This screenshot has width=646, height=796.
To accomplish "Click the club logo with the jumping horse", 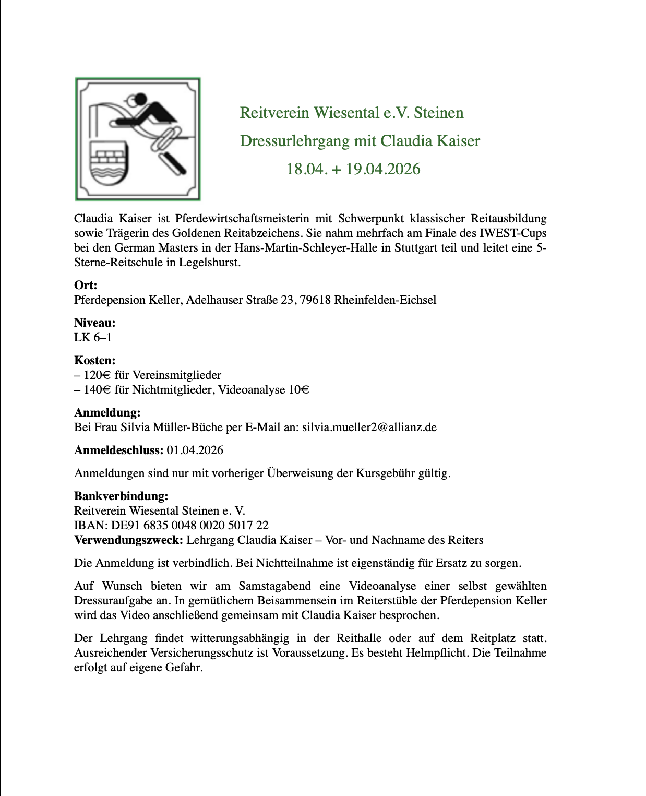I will click(138, 139).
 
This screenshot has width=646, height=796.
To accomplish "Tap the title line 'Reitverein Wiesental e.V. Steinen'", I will click(351, 113).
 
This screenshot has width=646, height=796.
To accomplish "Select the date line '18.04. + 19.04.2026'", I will click(353, 169).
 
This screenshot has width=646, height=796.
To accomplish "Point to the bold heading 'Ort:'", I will click(86, 285).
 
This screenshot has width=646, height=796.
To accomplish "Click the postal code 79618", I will click(315, 300).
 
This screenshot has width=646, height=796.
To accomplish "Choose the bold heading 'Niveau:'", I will click(94, 323).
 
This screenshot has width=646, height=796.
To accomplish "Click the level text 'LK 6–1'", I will click(93, 337).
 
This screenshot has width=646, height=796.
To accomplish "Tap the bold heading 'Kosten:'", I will click(94, 360).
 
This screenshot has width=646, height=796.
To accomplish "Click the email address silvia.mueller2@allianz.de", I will click(369, 427).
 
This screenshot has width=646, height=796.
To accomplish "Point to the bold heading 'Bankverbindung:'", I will click(121, 496).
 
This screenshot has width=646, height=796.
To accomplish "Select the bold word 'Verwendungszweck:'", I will click(128, 540).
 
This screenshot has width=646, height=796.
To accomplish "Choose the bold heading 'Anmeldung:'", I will click(107, 413).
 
